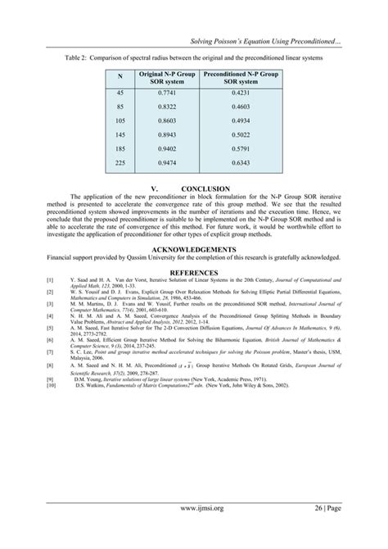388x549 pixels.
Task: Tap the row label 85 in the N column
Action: pyautogui.click(x=121, y=107)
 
